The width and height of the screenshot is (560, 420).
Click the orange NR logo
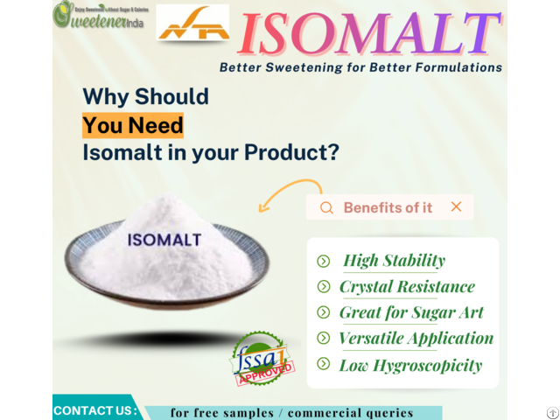pos(192,24)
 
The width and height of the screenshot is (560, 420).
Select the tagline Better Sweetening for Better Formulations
pos(360,67)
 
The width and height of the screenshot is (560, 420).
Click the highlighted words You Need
pos(133,125)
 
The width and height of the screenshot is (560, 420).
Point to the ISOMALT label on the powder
pos(164,239)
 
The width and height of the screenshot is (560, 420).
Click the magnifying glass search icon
pos(326,207)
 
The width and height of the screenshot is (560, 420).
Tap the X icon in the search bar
pos(456,206)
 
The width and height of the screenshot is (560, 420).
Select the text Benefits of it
pos(388,207)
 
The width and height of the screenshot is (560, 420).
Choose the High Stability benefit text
pos(394,260)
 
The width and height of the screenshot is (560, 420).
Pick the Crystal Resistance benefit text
pos(407,286)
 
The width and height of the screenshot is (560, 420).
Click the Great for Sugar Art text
pos(411,312)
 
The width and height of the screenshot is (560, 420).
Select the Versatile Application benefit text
pos(416,339)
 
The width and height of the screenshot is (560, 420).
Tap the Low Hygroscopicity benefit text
pos(410,365)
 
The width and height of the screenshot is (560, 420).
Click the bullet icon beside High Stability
pos(323,261)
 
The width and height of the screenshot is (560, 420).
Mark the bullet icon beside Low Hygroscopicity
pos(323,365)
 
